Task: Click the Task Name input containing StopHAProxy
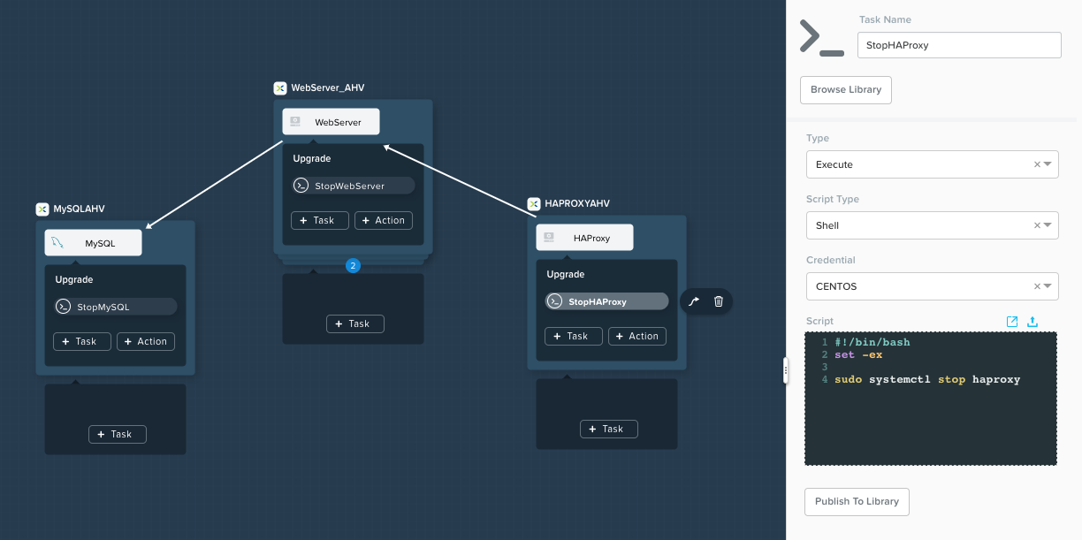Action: tap(959, 45)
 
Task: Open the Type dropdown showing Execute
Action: tap(932, 164)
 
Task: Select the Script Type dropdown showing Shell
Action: tap(932, 225)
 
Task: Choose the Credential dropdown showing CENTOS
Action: tap(932, 286)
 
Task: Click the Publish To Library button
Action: tap(857, 501)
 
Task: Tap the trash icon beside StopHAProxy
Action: tap(719, 301)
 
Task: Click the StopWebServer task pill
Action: tap(353, 186)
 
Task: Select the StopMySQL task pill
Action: tap(116, 307)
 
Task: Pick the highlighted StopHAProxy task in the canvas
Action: tap(606, 301)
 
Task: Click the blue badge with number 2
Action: tap(353, 266)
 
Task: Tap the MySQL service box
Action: tap(93, 242)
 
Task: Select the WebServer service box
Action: tap(331, 122)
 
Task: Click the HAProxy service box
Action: tap(584, 237)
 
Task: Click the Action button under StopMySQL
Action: tap(145, 341)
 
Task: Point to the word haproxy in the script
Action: tap(996, 380)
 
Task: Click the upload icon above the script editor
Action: tap(1032, 321)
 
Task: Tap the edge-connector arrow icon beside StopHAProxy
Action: tap(694, 301)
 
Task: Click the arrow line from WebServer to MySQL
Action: tap(214, 185)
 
